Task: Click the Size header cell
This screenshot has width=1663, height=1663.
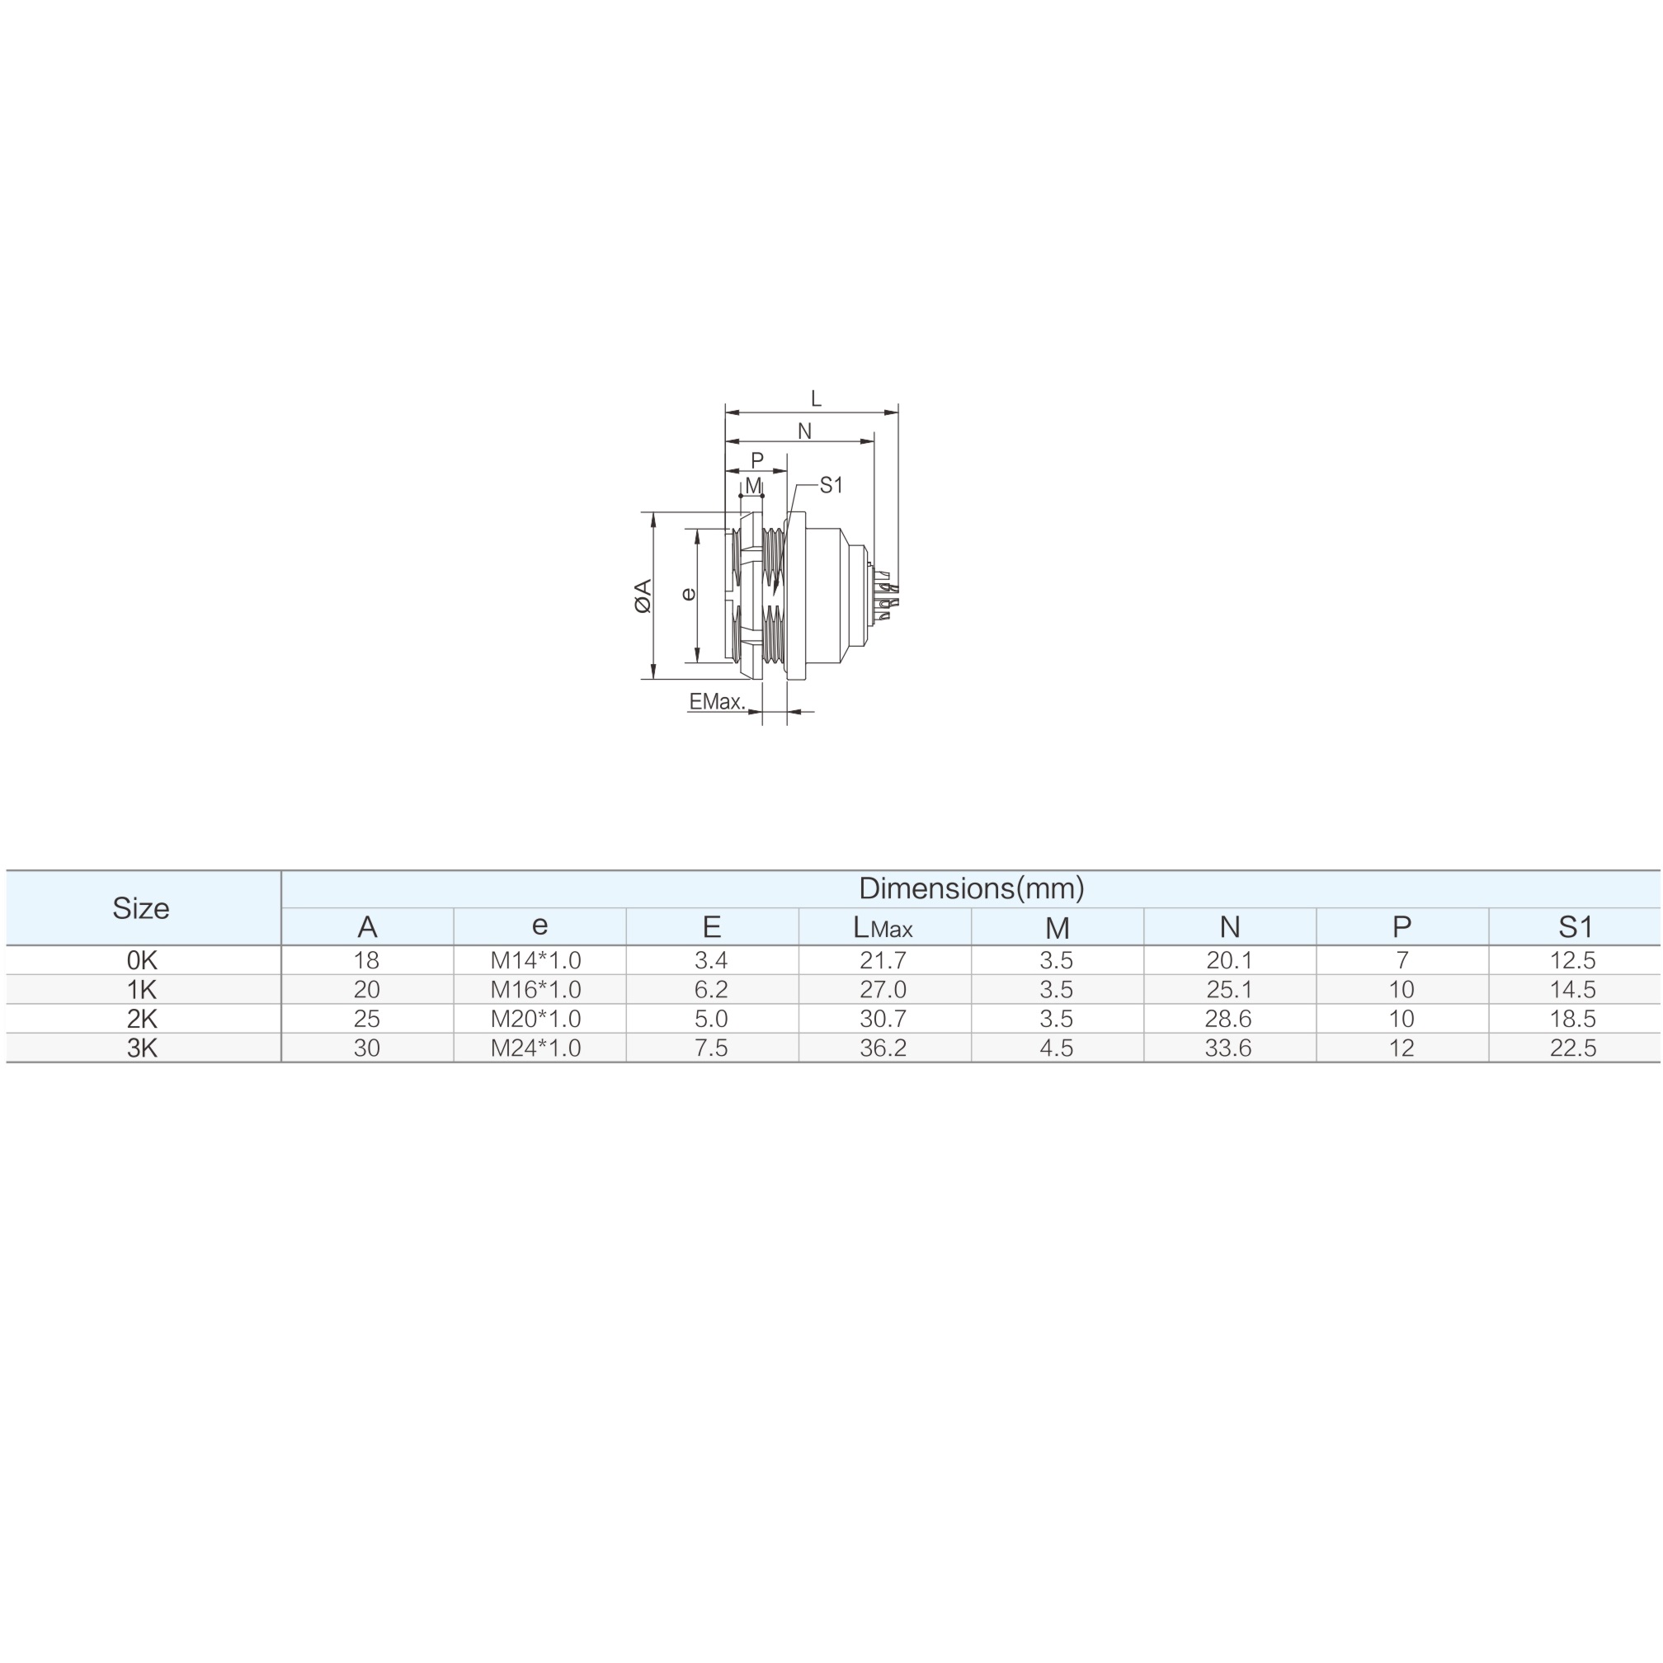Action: pyautogui.click(x=141, y=908)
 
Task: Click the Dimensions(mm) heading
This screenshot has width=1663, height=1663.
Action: pyautogui.click(x=971, y=888)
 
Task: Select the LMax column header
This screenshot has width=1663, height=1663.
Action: pyautogui.click(x=883, y=927)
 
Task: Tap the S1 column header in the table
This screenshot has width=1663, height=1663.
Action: pyautogui.click(x=1576, y=927)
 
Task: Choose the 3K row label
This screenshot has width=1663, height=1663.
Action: pyautogui.click(x=142, y=1048)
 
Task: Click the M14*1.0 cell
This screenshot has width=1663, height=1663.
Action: pyautogui.click(x=535, y=959)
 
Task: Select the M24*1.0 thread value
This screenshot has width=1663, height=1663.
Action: pyautogui.click(x=535, y=1048)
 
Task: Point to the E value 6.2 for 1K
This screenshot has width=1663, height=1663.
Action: pyautogui.click(x=711, y=989)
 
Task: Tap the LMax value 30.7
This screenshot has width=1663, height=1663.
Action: pyautogui.click(x=883, y=1018)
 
